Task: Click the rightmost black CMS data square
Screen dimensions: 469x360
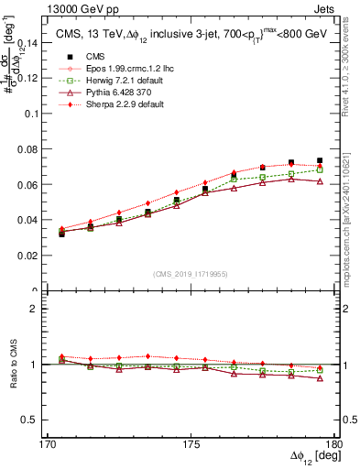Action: coord(320,161)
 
